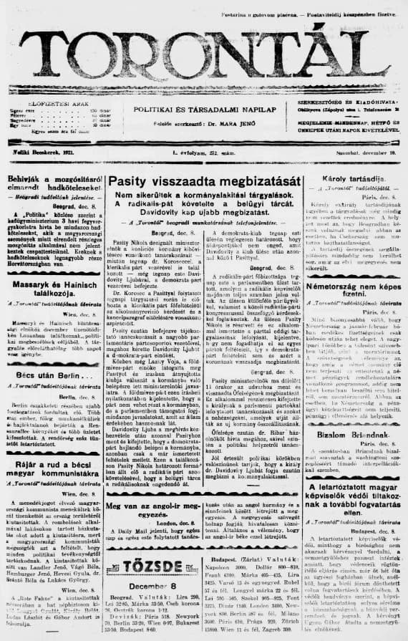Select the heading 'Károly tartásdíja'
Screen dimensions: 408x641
[x=347, y=176]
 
